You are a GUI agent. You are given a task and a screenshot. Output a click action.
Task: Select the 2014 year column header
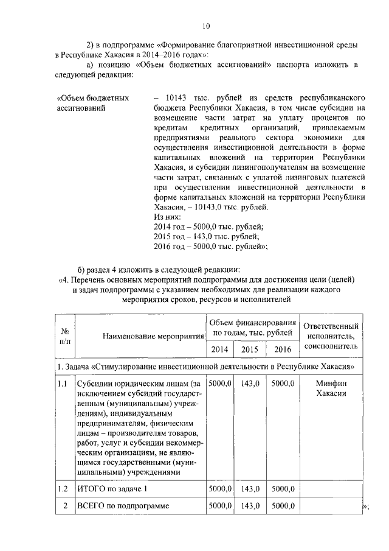219,349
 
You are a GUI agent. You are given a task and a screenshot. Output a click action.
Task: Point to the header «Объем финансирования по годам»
252,327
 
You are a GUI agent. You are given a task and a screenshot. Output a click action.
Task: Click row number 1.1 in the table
63,384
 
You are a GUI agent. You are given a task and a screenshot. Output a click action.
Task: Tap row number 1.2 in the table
63,489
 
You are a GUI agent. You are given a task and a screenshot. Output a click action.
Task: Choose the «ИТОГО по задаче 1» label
111,489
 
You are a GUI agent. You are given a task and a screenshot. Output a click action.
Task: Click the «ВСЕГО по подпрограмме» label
121,506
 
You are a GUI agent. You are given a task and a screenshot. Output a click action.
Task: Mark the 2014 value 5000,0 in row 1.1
219,384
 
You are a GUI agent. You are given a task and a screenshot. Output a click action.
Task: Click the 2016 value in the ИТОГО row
283,489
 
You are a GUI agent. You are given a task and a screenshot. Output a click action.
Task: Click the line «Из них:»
168,216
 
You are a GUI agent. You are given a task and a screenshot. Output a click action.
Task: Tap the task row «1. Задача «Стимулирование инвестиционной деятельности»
209,367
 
